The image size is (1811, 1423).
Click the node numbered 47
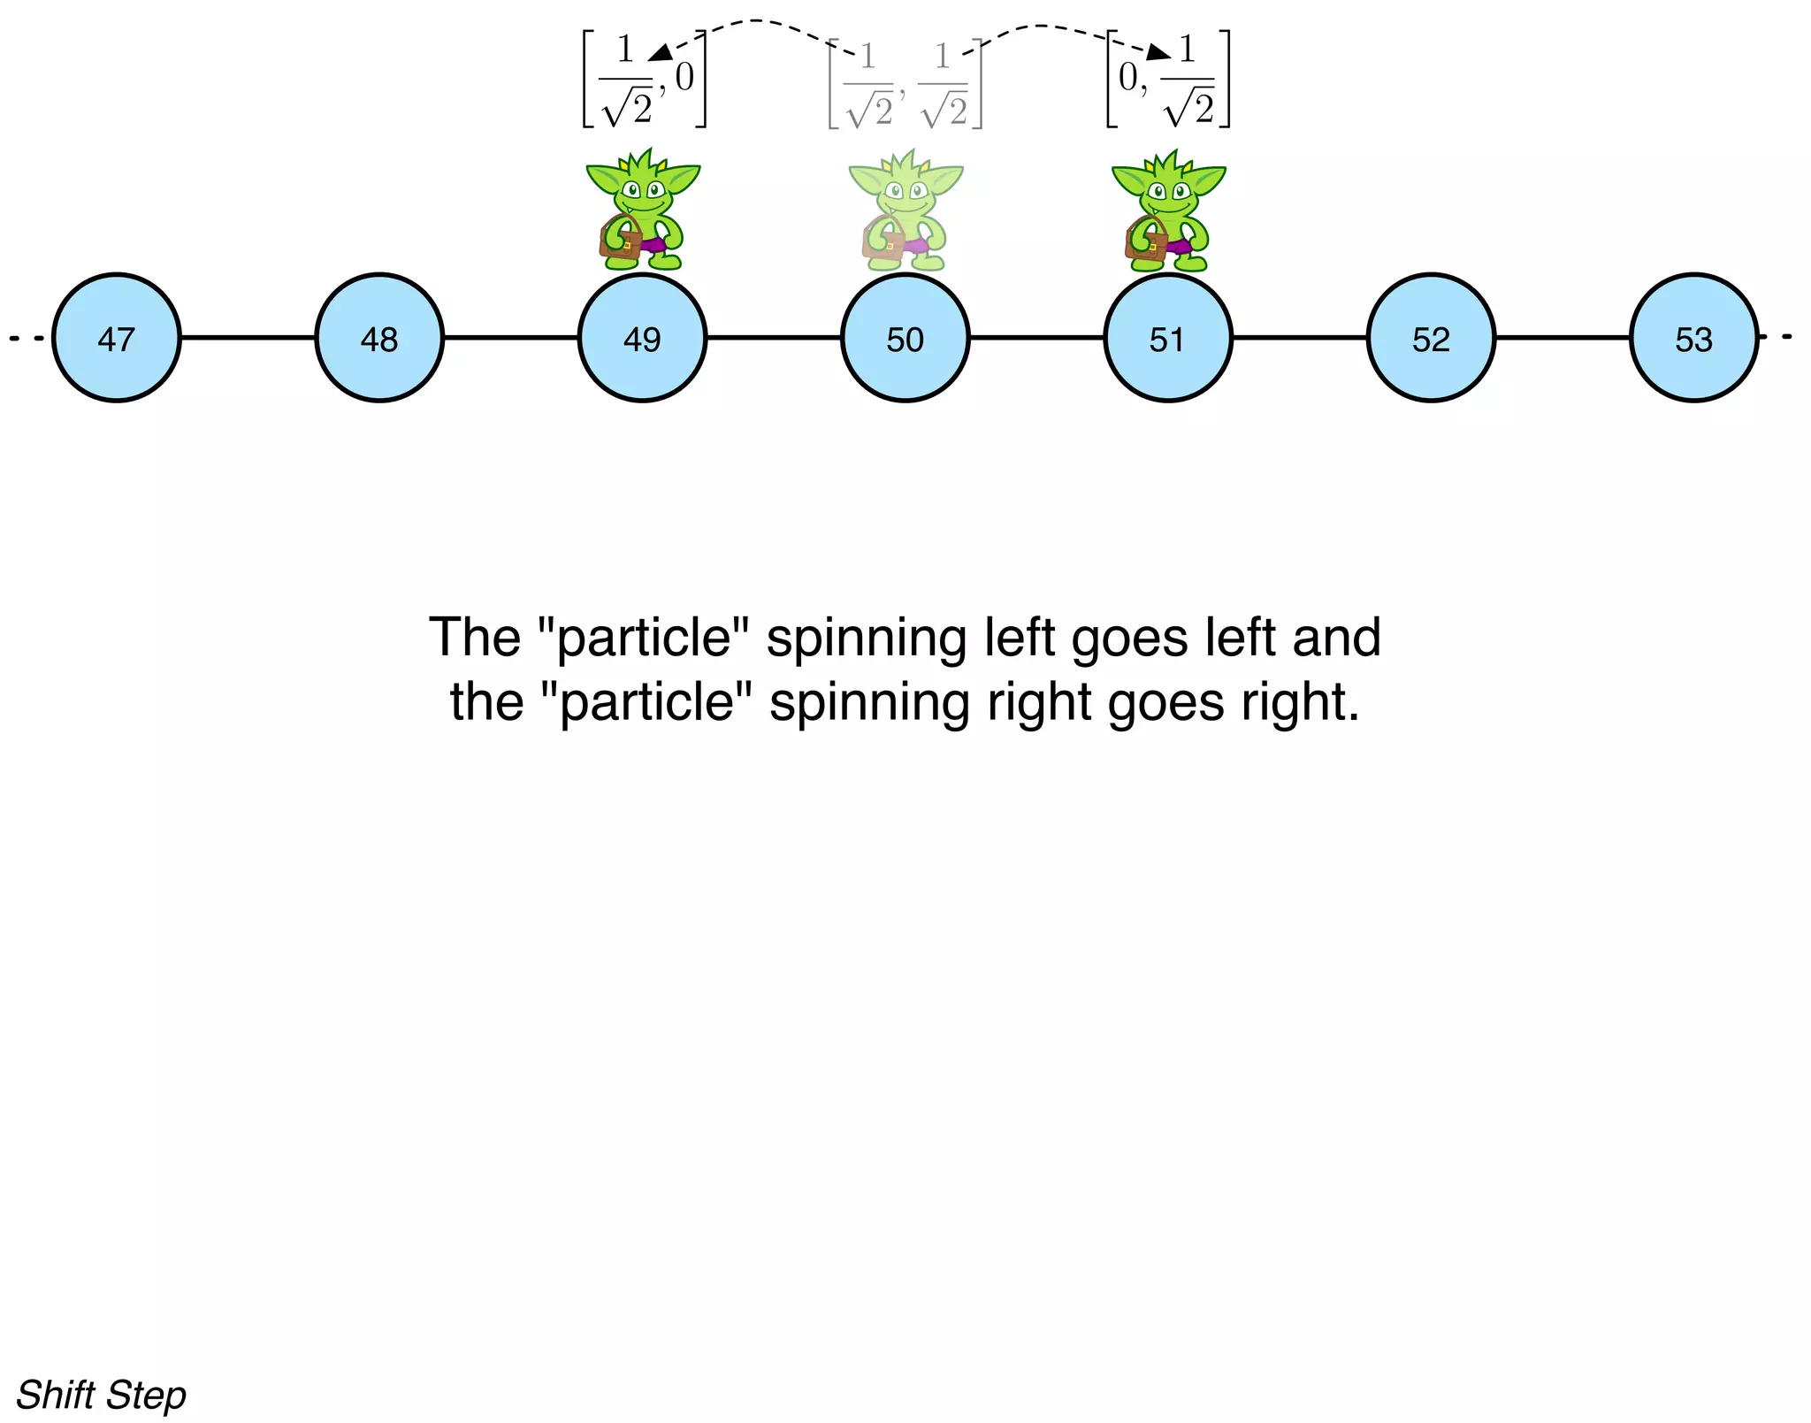[116, 338]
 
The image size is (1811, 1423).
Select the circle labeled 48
[379, 338]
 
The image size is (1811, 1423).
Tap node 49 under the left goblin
[642, 338]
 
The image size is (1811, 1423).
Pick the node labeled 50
[905, 338]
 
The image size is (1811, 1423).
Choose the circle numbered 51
[1167, 338]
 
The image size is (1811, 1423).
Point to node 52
[1431, 338]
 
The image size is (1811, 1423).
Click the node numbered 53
[1693, 338]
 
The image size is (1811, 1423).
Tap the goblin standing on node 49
[643, 210]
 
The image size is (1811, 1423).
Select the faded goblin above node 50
[905, 210]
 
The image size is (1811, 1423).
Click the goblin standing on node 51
[1167, 210]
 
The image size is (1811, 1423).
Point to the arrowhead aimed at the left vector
[660, 53]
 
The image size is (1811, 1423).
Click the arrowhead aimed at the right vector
[1158, 52]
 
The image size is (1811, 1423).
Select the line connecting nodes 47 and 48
[248, 337]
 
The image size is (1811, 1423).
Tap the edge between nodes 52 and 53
[1563, 337]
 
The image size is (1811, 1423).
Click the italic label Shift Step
[102, 1395]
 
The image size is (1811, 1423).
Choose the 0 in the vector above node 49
[684, 79]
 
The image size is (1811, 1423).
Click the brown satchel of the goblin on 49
[620, 241]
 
